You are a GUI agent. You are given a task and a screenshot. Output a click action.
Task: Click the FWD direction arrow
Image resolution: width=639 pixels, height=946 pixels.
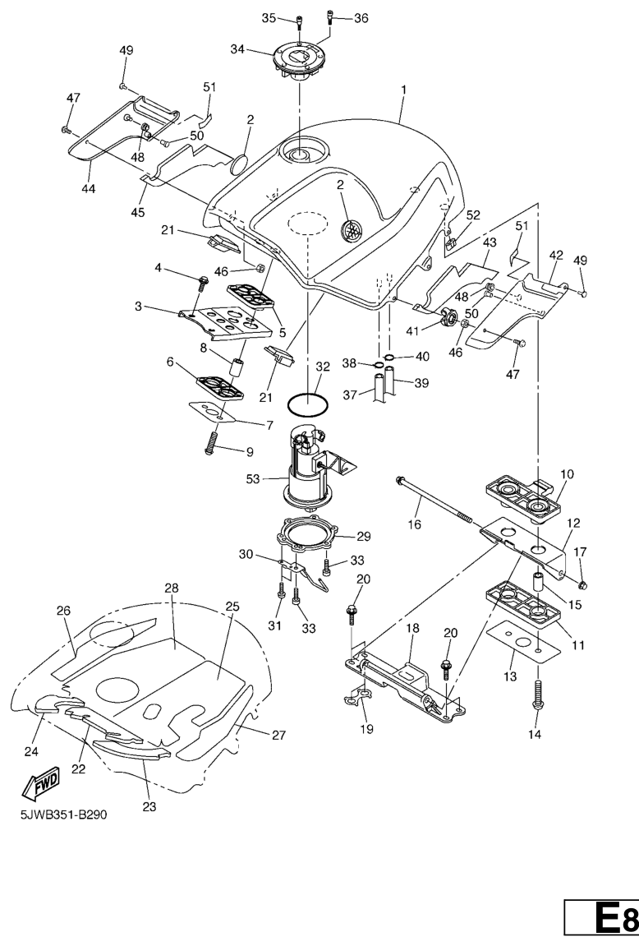(x=38, y=788)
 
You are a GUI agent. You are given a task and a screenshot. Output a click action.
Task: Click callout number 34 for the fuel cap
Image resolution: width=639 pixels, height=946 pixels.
(x=238, y=49)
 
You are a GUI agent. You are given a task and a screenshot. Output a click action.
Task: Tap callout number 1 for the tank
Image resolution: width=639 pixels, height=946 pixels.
(x=403, y=87)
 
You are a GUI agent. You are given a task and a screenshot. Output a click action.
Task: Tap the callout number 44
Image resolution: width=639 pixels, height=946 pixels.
(x=88, y=188)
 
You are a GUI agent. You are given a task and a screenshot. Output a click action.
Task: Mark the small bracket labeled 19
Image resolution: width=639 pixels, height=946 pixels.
(x=356, y=700)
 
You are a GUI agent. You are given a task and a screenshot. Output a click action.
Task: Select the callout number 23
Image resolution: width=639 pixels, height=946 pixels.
(x=149, y=806)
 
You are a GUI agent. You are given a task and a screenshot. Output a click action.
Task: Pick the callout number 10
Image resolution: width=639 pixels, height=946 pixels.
(x=567, y=474)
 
